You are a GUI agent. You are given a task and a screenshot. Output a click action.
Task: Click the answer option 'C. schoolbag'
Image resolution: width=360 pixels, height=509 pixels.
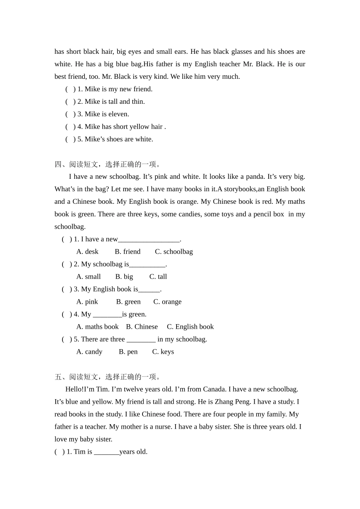coord(174,252)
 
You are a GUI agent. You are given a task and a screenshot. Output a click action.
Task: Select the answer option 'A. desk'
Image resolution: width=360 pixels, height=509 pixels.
coord(87,252)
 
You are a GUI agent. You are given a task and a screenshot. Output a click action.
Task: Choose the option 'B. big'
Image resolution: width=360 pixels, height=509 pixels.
coord(124,277)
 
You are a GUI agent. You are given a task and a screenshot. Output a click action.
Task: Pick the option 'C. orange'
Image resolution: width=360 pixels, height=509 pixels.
coord(167,302)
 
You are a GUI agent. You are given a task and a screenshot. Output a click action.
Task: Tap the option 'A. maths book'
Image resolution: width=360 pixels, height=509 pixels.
coord(97,327)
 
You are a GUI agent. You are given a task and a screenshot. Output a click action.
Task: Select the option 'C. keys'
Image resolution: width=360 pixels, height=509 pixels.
coord(163,352)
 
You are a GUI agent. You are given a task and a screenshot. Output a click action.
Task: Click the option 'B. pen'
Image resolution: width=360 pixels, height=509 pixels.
coord(128,352)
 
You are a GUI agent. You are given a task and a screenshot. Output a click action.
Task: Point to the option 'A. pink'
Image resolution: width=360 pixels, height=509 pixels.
coord(87,302)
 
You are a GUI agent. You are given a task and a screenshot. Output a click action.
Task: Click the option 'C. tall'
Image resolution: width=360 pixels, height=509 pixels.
coord(158,277)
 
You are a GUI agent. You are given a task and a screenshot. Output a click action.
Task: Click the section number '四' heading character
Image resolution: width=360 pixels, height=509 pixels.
coord(58,164)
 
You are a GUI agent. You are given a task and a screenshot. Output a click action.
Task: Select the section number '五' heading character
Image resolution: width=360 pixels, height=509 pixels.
coord(58,377)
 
